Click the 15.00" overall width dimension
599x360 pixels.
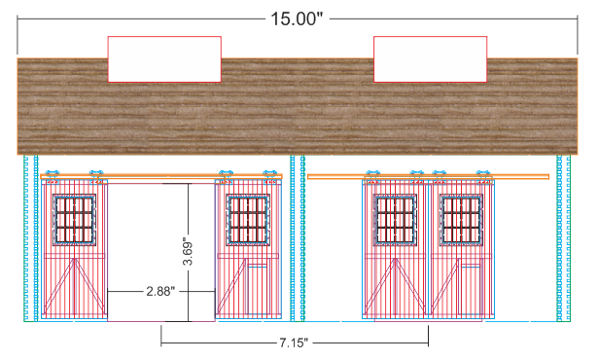click(297, 18)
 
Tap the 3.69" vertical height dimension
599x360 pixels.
click(188, 253)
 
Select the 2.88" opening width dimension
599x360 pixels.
click(160, 292)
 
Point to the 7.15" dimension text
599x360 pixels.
click(294, 342)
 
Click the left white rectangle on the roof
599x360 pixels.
click(164, 59)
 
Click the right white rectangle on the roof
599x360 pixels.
click(430, 59)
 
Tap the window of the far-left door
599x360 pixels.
click(74, 219)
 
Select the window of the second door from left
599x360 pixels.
click(248, 219)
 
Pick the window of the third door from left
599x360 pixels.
click(395, 219)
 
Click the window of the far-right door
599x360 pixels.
click(461, 219)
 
